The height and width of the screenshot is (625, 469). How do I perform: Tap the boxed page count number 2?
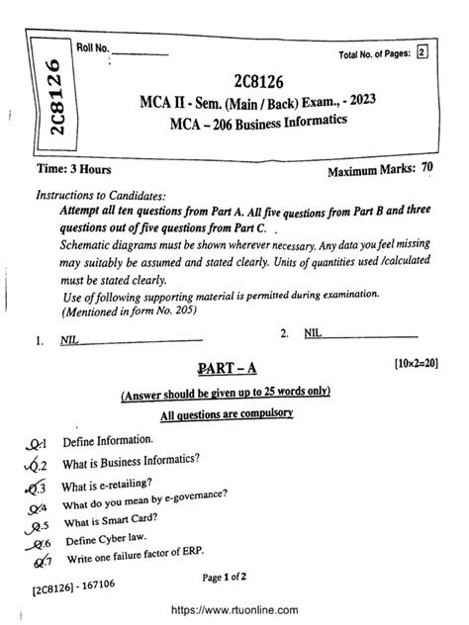(422, 54)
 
